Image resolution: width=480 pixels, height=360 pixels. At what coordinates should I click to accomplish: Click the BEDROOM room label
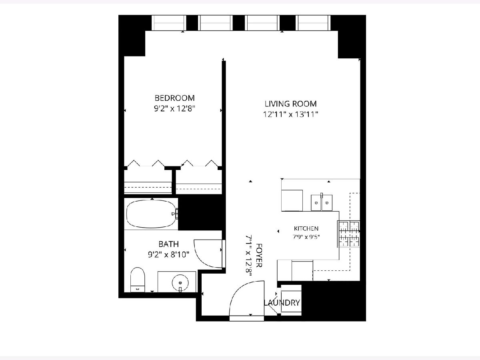174,98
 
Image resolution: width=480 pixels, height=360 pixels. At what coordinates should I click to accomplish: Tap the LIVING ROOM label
291,104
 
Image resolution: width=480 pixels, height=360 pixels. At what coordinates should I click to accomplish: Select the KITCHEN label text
306,229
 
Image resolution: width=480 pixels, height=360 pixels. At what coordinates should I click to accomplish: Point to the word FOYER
259,255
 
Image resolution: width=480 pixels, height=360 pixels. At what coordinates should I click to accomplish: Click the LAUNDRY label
282,303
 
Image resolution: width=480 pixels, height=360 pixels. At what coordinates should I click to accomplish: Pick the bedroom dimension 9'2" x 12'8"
174,108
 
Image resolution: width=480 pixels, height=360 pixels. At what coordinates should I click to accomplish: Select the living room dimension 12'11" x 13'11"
291,114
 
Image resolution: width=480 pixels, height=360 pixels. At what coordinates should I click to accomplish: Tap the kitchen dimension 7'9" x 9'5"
306,237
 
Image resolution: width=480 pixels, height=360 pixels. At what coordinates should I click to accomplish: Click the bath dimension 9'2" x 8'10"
168,254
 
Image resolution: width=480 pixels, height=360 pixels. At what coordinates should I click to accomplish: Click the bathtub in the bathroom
152,214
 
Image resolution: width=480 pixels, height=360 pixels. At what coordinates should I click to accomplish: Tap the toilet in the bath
138,280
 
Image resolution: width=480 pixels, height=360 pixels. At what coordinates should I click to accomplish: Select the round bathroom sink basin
180,283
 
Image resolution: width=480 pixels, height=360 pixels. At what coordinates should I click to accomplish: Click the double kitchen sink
322,203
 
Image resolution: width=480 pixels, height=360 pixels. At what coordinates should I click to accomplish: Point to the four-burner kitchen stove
348,234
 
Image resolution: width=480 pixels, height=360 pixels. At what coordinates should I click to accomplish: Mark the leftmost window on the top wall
169,23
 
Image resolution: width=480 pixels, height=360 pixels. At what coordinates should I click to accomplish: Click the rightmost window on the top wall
313,23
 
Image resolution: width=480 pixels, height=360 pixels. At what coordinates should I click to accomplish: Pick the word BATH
169,244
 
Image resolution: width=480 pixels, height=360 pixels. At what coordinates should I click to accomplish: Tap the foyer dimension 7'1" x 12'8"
248,256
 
